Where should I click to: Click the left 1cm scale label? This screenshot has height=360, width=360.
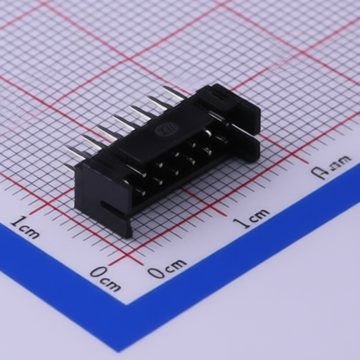pyautogui.click(x=25, y=227)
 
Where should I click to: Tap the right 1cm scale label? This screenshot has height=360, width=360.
pyautogui.click(x=251, y=219)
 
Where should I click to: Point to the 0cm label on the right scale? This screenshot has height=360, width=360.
pyautogui.click(x=167, y=268)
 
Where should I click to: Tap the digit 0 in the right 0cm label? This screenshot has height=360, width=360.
pyautogui.click(x=155, y=272)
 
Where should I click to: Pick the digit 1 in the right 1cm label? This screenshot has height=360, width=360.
pyautogui.click(x=239, y=224)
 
